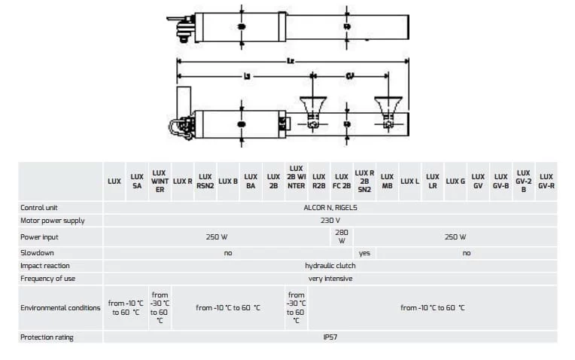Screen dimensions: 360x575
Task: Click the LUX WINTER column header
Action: click(160, 182)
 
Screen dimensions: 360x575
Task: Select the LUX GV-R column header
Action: click(546, 182)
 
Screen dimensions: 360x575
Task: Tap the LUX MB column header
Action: click(387, 182)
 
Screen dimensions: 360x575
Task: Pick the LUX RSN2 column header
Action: click(205, 182)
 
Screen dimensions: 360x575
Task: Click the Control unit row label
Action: click(39, 207)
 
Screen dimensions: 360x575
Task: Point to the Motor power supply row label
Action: click(52, 221)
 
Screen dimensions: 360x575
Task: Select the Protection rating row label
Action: click(47, 337)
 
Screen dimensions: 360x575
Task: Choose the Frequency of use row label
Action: click(47, 279)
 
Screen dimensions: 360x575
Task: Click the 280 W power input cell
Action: click(341, 236)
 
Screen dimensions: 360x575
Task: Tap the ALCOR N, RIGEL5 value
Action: click(330, 207)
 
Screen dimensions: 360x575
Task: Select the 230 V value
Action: click(330, 221)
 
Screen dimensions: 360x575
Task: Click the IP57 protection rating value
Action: click(330, 337)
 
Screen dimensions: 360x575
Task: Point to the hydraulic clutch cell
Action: click(330, 266)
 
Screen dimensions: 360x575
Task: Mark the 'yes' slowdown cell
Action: click(364, 253)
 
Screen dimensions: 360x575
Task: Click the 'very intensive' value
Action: click(330, 279)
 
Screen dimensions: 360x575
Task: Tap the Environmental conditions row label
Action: click(60, 308)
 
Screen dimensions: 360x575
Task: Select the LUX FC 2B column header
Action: click(341, 182)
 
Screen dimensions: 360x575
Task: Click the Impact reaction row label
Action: click(44, 266)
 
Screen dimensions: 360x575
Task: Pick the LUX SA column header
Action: click(137, 182)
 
